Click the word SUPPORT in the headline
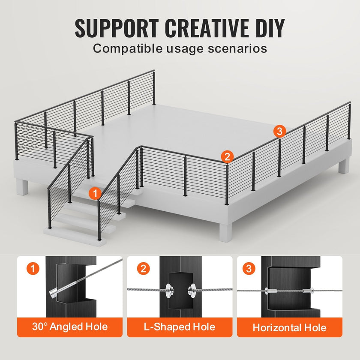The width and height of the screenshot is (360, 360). (117, 28)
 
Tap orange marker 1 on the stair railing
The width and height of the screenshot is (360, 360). (95, 193)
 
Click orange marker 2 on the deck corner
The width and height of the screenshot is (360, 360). (227, 157)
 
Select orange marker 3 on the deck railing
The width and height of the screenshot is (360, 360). (279, 131)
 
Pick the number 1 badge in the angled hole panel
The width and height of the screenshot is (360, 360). (33, 268)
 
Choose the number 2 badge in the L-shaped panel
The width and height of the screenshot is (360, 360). (143, 268)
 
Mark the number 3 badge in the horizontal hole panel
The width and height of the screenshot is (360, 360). (249, 268)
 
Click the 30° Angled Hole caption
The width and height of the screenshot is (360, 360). (70, 327)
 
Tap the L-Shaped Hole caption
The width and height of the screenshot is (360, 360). (180, 327)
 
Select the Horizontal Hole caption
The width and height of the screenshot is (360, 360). (290, 327)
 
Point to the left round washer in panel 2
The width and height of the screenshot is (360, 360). (169, 291)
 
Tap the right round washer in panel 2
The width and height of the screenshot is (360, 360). (192, 291)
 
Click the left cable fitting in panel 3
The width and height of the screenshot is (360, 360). (270, 291)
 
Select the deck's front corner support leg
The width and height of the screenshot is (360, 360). (226, 232)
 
